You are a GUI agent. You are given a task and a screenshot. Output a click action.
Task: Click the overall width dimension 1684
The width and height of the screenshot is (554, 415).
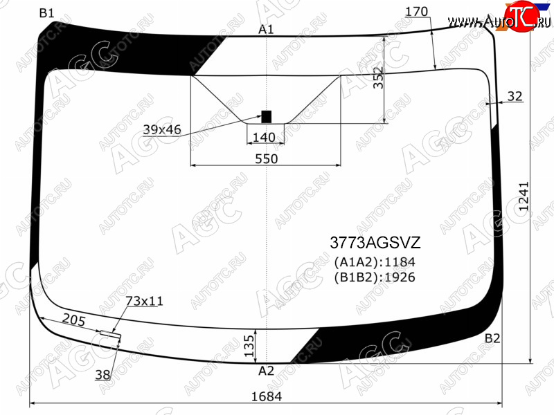[x=267, y=396]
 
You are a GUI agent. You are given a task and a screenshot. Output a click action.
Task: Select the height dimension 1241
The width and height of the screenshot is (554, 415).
[x=524, y=196]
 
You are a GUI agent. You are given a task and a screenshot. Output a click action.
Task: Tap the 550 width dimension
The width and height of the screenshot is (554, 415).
[x=267, y=159]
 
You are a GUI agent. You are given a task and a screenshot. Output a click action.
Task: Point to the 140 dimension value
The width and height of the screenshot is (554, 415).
[x=264, y=137]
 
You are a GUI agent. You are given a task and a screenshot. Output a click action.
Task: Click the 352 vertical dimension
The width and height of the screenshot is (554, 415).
[x=378, y=77]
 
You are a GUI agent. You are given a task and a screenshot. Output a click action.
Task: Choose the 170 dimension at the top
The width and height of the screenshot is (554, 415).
[x=417, y=12]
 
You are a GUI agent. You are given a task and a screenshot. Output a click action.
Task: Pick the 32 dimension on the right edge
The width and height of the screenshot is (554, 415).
[x=515, y=96]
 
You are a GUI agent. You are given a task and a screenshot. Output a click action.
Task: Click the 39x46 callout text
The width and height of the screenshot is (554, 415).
[x=162, y=129]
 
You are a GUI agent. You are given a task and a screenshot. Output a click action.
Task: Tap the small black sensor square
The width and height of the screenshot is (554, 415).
[x=266, y=117]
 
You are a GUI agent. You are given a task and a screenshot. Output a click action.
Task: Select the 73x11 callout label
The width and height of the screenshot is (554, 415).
[x=145, y=301]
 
